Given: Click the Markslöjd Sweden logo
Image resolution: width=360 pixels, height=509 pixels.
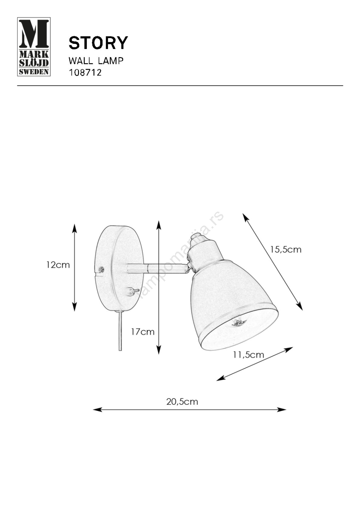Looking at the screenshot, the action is (34, 47).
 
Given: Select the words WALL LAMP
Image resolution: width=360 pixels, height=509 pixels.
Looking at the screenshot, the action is (96, 61).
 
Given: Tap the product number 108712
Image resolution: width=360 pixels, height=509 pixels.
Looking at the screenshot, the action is (85, 73).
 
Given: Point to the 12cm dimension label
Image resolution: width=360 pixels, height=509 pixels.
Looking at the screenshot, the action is (58, 265).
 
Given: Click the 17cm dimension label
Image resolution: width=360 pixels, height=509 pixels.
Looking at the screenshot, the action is (143, 332).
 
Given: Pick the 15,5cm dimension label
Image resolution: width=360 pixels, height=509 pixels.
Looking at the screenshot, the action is (286, 250).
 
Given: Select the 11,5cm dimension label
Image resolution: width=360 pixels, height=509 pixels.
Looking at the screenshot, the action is (248, 355).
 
